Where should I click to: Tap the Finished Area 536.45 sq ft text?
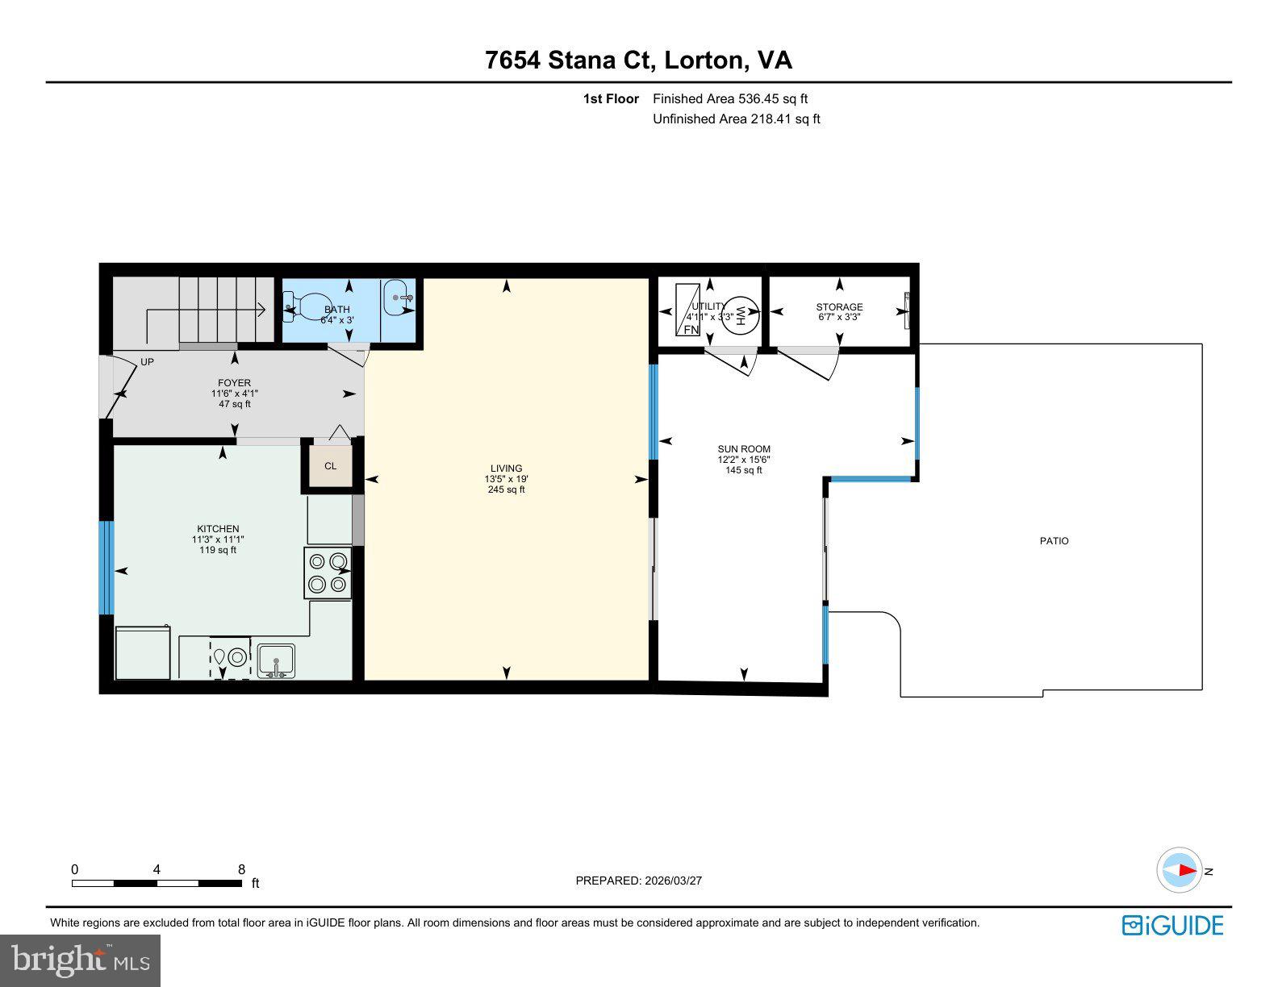pyautogui.click(x=729, y=99)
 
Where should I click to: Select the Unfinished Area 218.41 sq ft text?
pyautogui.click(x=736, y=119)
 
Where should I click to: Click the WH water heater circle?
pyautogui.click(x=741, y=314)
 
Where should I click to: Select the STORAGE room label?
pyautogui.click(x=839, y=307)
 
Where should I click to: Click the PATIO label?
pyautogui.click(x=1053, y=541)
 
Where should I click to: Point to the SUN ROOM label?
pyautogui.click(x=743, y=449)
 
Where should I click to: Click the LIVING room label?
pyautogui.click(x=506, y=469)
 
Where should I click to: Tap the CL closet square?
pyautogui.click(x=331, y=466)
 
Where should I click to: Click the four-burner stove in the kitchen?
pyautogui.click(x=328, y=573)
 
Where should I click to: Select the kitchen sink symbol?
pyautogui.click(x=276, y=660)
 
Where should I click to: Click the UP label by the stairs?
pyautogui.click(x=147, y=362)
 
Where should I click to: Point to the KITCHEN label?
pyautogui.click(x=217, y=529)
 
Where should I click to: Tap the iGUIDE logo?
pyautogui.click(x=1172, y=925)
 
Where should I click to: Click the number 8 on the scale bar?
pyautogui.click(x=241, y=869)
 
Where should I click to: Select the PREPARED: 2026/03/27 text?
pyautogui.click(x=638, y=881)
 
